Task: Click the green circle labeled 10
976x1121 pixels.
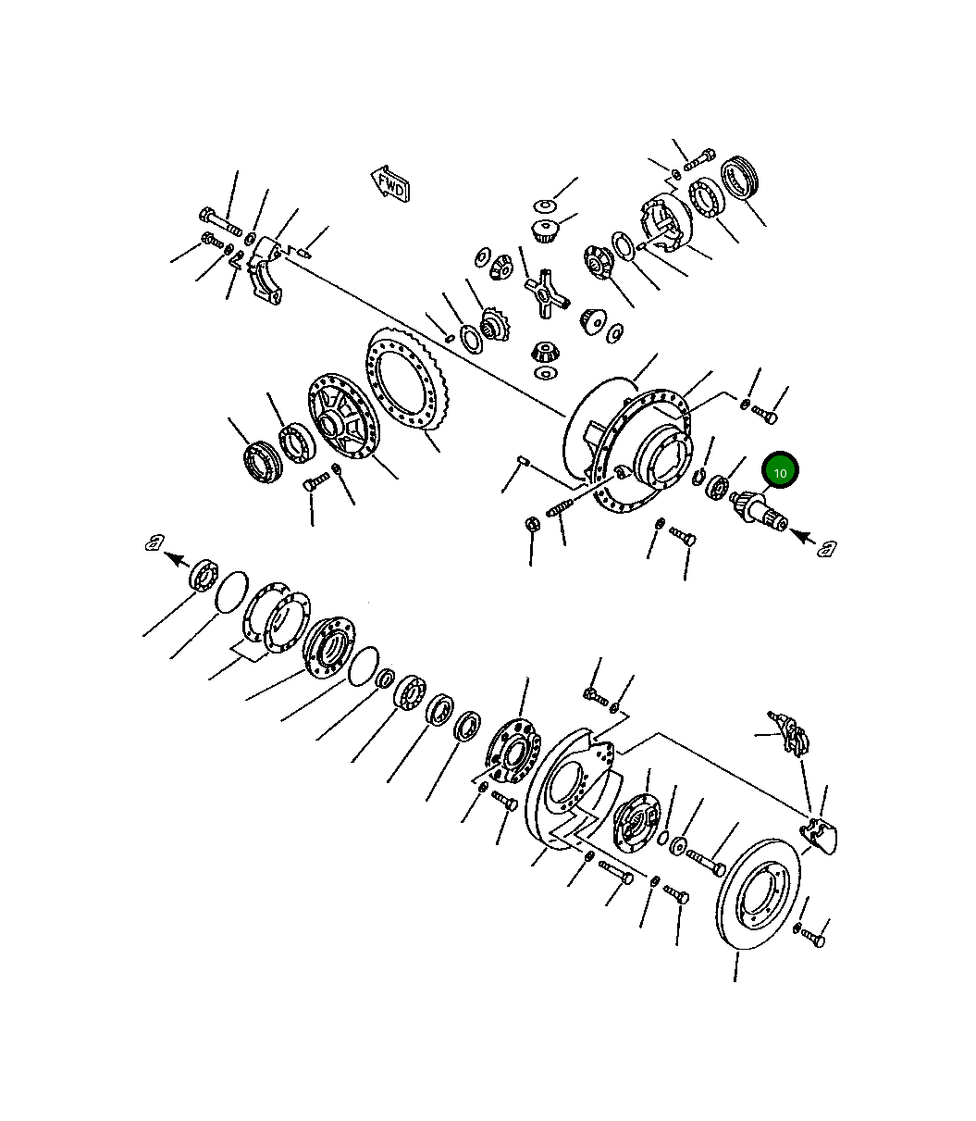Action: pos(780,472)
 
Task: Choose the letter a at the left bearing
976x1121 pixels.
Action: pos(154,543)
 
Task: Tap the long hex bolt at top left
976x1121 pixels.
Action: pos(219,222)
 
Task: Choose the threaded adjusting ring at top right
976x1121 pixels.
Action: pos(741,177)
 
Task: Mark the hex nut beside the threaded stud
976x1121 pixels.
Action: pos(532,524)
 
